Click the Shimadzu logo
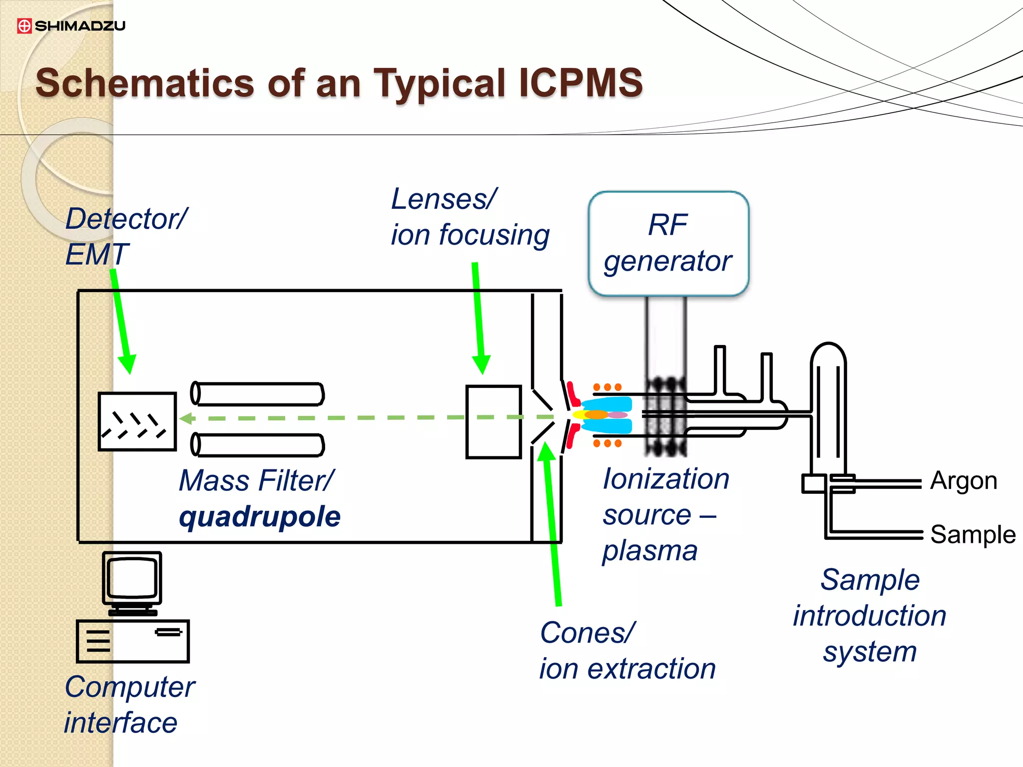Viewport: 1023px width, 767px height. point(71,25)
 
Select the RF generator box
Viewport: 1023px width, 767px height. point(668,244)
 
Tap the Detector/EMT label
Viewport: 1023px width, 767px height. point(125,236)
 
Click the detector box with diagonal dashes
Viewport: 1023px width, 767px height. point(137,422)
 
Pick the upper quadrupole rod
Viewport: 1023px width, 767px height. point(258,393)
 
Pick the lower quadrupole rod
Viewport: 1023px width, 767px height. point(258,445)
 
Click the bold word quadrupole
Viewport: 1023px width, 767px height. point(260,516)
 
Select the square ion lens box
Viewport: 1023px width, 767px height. point(493,422)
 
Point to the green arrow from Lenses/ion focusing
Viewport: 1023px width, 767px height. point(478,320)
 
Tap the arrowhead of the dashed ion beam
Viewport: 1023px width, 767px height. point(187,418)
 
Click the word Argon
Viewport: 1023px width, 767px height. point(964,481)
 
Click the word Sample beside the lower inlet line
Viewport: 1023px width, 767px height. point(973,534)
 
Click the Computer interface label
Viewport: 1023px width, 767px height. point(129,705)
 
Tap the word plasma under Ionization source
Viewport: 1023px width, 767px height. point(649,551)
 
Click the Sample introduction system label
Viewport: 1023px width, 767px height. point(870,615)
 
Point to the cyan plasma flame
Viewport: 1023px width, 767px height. point(607,414)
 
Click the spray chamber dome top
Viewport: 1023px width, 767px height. point(828,352)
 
